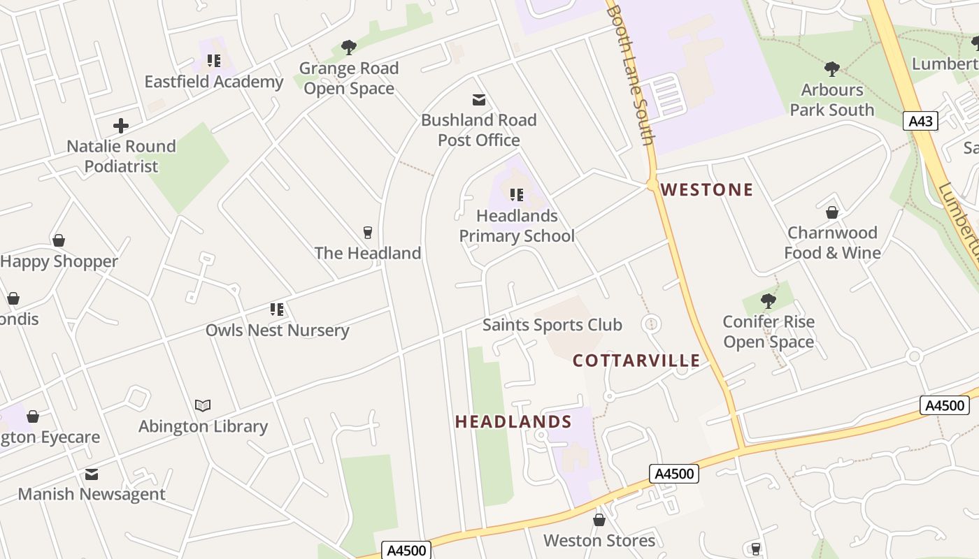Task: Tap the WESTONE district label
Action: (706, 189)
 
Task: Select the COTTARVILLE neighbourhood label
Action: (636, 361)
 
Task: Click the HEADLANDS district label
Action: (513, 421)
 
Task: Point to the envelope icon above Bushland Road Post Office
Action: (479, 100)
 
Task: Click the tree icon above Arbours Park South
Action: (831, 68)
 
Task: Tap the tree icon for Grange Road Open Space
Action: (348, 48)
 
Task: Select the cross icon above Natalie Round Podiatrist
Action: (121, 126)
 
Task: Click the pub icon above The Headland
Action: (367, 233)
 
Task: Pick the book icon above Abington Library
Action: (203, 405)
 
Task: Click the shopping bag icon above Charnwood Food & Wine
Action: (832, 212)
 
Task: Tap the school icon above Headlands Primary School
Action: (516, 195)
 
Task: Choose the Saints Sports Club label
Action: (552, 325)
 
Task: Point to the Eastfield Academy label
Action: (213, 82)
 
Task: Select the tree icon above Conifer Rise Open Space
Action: (768, 301)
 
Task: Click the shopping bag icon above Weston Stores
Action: (599, 520)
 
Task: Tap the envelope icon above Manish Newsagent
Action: (92, 474)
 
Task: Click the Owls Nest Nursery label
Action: (277, 330)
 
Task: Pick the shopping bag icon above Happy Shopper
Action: (59, 241)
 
